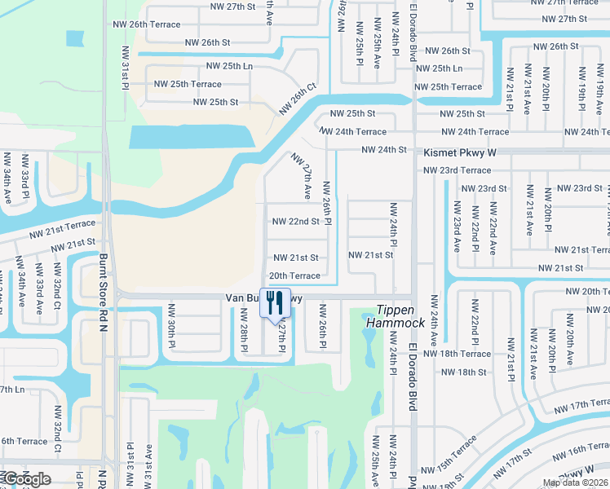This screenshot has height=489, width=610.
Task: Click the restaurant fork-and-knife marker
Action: click(275, 303)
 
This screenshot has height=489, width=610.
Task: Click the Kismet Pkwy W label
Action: click(460, 152)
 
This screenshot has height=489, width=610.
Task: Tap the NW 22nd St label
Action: click(295, 221)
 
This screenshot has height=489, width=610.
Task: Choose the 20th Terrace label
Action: click(294, 276)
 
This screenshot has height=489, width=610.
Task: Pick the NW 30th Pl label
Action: click(171, 334)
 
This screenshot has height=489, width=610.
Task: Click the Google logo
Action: click(26, 479)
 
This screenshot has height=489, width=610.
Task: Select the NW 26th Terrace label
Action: click(153, 24)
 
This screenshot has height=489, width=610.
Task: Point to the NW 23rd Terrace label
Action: click(457, 170)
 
